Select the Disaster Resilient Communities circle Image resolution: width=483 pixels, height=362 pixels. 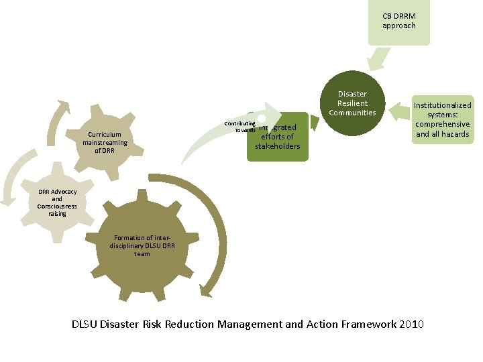(x=352, y=103)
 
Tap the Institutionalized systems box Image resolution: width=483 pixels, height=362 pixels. (x=442, y=119)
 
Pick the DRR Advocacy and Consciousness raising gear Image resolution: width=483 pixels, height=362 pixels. (x=57, y=202)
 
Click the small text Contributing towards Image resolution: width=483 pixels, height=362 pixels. (x=240, y=127)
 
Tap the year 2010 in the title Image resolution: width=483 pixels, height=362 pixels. (x=411, y=324)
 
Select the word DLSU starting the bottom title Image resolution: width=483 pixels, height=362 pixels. (x=86, y=324)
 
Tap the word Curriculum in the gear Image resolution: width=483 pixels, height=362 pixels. (x=105, y=134)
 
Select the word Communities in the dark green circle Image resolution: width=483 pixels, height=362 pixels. (x=352, y=113)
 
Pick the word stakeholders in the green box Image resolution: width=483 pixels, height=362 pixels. (x=278, y=146)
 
